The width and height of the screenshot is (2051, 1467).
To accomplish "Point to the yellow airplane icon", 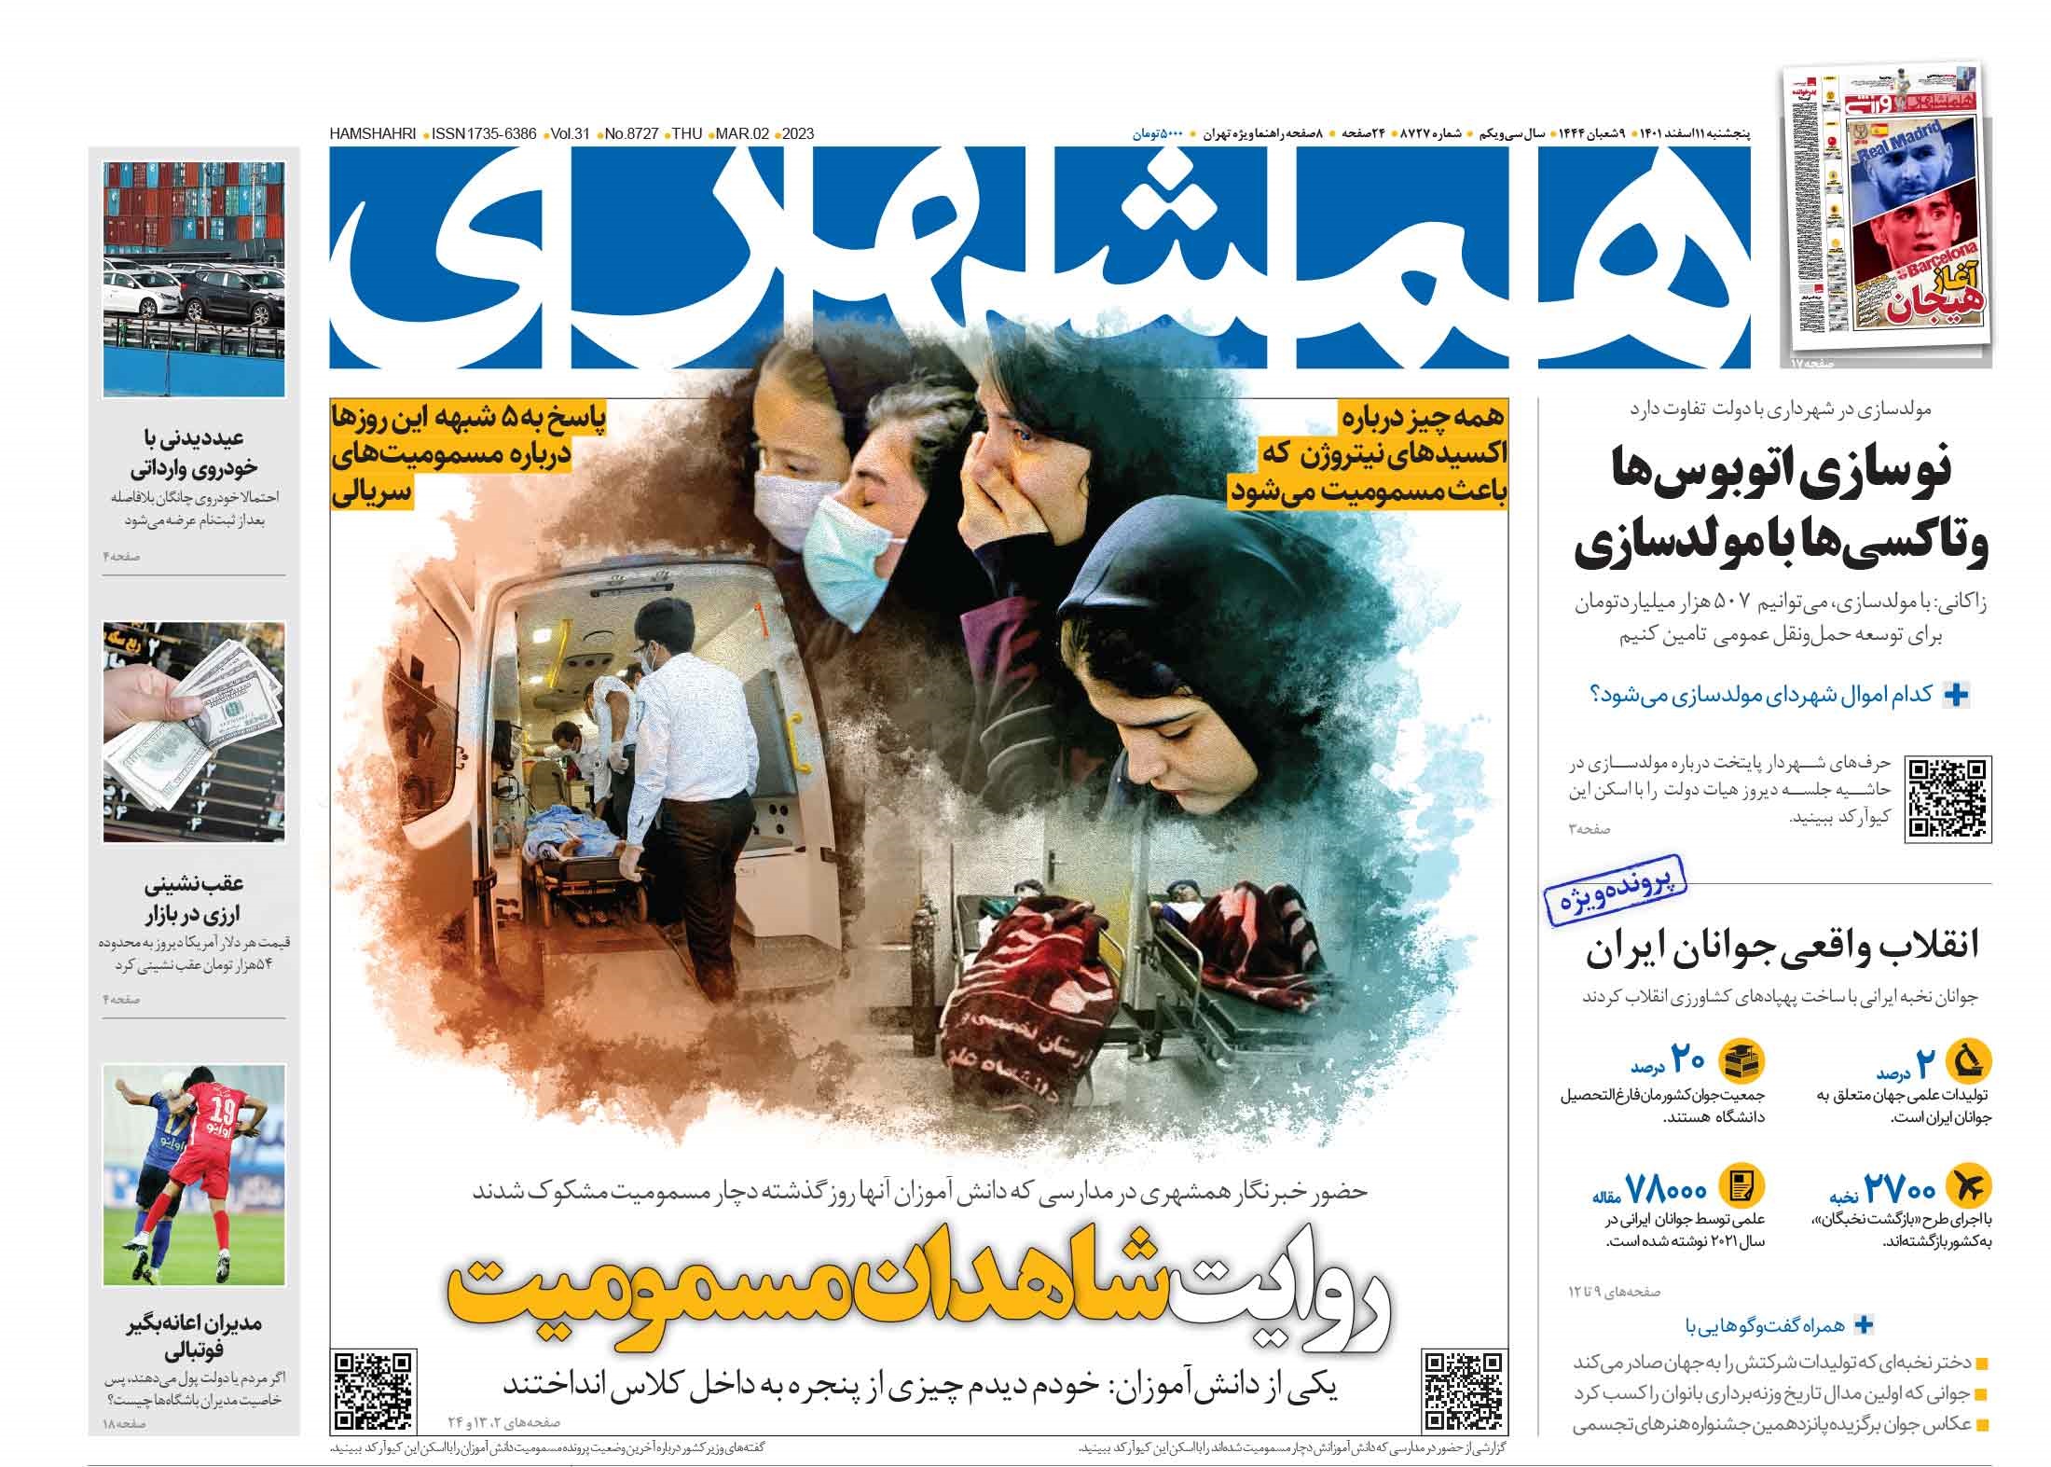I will click(x=1969, y=1185).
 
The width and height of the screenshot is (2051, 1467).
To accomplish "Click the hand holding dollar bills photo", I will click(x=194, y=732).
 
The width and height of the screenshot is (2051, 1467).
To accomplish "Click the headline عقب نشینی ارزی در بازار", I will click(x=194, y=898).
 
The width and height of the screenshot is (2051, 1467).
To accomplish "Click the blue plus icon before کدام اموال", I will click(x=1953, y=695).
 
